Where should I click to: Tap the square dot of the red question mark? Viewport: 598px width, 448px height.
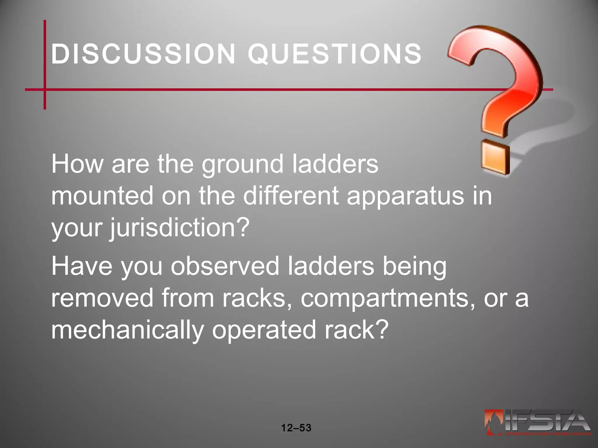click(496, 158)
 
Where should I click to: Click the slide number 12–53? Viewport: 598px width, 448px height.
click(296, 428)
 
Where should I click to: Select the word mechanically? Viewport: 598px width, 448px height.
click(127, 330)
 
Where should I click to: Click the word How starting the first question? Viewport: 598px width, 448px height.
click(77, 164)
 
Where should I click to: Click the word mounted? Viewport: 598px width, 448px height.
click(102, 196)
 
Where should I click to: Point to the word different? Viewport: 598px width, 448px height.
click(291, 196)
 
